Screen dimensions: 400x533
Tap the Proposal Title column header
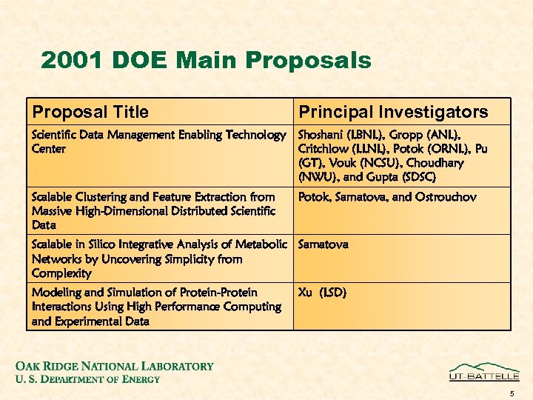tap(90, 112)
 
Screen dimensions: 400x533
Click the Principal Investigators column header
tap(392, 112)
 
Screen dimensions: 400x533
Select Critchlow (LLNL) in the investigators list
tap(335, 149)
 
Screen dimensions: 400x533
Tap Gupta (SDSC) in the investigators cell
tap(403, 177)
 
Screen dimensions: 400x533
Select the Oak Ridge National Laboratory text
tap(114, 366)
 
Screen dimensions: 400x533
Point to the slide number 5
tap(511, 393)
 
